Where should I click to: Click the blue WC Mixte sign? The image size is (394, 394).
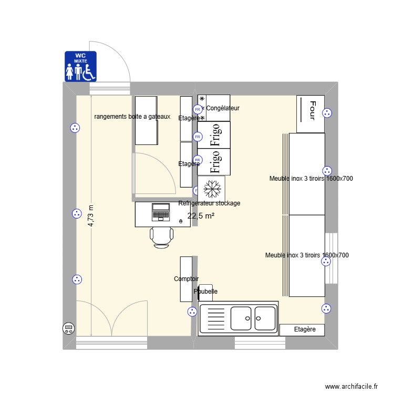(81, 66)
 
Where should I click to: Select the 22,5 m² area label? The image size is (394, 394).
(201, 215)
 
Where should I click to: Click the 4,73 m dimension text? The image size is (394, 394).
(91, 216)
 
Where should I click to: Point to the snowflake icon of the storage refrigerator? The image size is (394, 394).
(212, 188)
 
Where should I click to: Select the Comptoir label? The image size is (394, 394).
(186, 279)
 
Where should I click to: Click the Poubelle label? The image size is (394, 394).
(205, 291)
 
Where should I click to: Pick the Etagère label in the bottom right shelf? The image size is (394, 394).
(305, 329)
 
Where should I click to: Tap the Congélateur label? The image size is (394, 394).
(223, 108)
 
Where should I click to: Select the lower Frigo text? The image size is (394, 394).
(214, 162)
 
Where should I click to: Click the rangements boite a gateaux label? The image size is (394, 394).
(132, 117)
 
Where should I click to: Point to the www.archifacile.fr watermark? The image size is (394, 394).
(351, 386)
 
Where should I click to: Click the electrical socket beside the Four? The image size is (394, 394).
(327, 112)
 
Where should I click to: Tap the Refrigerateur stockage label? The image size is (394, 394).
(209, 203)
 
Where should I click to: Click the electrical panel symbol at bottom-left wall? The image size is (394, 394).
(68, 329)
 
